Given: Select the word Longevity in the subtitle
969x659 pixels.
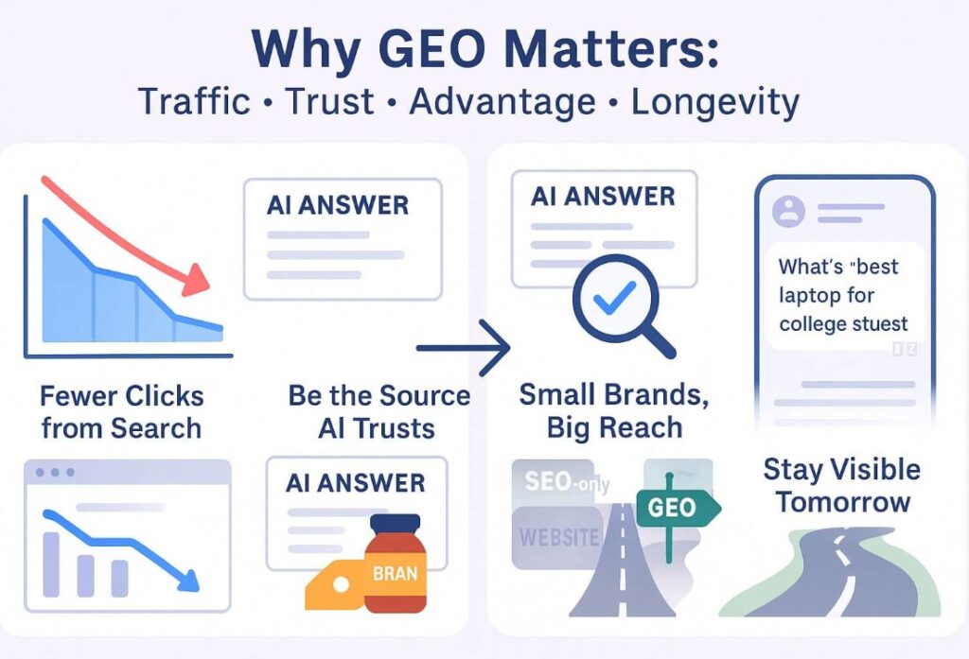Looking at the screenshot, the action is pos(715,102).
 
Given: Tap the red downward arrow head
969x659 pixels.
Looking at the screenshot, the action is pos(197,281).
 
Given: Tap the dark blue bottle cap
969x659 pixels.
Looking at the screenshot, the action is pos(395,523).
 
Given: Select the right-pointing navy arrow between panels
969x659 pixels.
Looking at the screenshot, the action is pos(464,348).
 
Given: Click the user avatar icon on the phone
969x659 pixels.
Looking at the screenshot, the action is pos(788,211).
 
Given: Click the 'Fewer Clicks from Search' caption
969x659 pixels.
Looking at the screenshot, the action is pos(122,412).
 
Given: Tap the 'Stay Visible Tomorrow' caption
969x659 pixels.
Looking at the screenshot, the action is pos(841,485).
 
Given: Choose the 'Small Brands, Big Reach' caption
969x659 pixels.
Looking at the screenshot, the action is pos(613,411).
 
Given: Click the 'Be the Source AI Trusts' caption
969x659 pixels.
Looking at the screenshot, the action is pos(379,412).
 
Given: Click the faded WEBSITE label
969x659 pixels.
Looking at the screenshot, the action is pos(559,537).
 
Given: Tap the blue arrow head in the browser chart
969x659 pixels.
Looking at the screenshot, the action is pos(188,581).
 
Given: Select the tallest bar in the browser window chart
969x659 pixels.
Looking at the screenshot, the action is pos(51,564).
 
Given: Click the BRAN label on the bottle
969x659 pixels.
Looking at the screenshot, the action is pos(395,574).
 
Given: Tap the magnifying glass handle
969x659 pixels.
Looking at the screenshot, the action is pos(660,340).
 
